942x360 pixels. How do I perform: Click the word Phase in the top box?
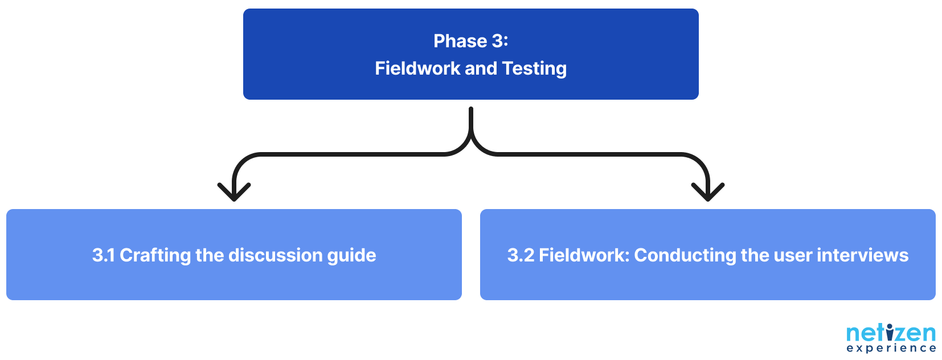pyautogui.click(x=460, y=41)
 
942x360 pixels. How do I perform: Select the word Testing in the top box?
pyautogui.click(x=534, y=68)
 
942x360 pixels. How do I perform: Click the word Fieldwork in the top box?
pyautogui.click(x=417, y=68)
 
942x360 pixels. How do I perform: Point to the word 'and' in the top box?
pyautogui.click(x=481, y=68)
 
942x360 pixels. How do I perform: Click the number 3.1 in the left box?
pyautogui.click(x=103, y=255)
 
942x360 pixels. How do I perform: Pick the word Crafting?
pyautogui.click(x=155, y=255)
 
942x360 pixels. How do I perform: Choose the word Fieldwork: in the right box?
pyautogui.click(x=584, y=255)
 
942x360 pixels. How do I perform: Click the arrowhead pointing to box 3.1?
pyautogui.click(x=234, y=194)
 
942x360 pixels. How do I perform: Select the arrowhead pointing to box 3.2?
pyautogui.click(x=708, y=194)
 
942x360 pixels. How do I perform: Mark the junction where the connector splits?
pyautogui.click(x=471, y=140)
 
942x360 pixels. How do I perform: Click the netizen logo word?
pyautogui.click(x=891, y=333)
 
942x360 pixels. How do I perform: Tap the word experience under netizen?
pyautogui.click(x=891, y=348)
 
